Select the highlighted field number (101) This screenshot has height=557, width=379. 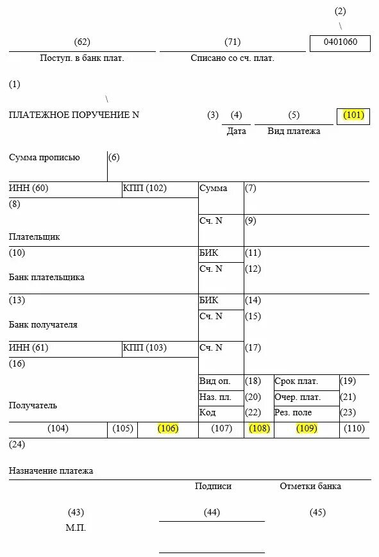[353, 115]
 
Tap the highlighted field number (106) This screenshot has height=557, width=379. [168, 429]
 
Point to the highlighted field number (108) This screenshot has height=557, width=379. [259, 429]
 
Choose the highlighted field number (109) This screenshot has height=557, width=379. [307, 429]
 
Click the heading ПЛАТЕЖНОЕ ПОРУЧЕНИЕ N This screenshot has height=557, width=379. [74, 115]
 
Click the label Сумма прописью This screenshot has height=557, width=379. [44, 157]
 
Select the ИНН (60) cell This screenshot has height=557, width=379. [29, 188]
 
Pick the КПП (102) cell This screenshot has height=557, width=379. [144, 188]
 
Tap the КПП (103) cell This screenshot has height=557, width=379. [144, 348]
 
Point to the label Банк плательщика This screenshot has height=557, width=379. [47, 278]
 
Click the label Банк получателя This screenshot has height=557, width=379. [43, 325]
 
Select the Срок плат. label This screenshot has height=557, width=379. [296, 381]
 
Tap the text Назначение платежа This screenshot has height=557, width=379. [51, 470]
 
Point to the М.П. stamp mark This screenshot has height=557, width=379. [76, 528]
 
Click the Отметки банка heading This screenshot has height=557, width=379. [310, 486]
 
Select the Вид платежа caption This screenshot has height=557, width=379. [294, 131]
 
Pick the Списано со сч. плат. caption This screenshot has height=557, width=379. [232, 58]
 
